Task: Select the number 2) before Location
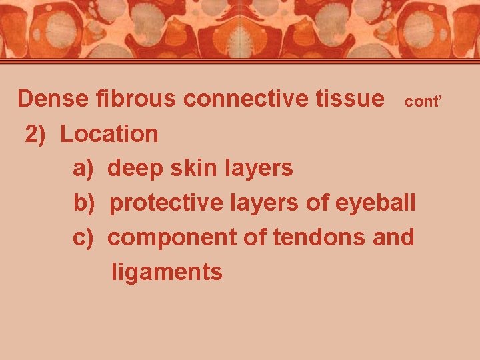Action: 35,134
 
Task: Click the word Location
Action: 109,134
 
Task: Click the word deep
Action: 136,169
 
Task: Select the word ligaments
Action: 167,272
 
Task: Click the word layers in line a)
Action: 261,169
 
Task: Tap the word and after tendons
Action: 393,237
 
